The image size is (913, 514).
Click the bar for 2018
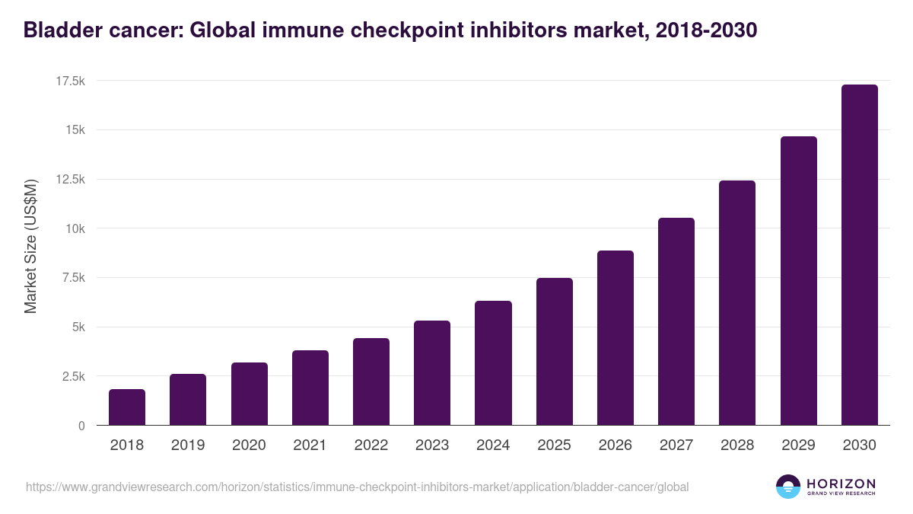pos(127,407)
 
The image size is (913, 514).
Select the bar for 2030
pos(859,255)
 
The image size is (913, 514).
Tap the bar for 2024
pos(493,363)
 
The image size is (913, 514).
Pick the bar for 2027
pos(676,321)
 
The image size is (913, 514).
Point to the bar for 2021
pos(310,388)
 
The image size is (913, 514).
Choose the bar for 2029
pos(798,281)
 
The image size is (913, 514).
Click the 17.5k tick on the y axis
pos(68,81)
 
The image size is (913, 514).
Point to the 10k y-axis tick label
pos(73,228)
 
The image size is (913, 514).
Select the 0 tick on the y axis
pos(81,426)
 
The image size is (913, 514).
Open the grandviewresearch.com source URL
pos(357,487)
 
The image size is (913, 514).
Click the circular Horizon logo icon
pos(788,487)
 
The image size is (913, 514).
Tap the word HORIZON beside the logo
pos(841,484)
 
